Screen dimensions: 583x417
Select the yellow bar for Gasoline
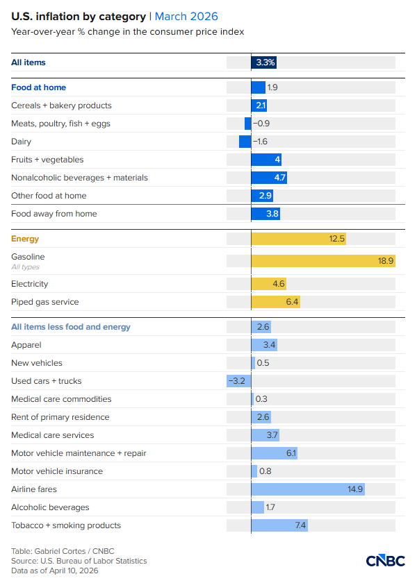tap(323, 261)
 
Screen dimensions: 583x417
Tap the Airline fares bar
tap(308, 489)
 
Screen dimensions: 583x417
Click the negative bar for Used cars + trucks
tap(239, 381)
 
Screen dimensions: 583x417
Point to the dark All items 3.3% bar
tap(264, 62)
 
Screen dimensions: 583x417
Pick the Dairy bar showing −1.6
tap(245, 142)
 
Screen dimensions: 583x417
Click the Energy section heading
tap(25, 239)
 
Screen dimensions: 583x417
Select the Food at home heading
tap(38, 87)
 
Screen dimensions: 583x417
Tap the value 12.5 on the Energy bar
tap(337, 239)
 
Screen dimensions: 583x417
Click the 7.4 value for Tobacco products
tap(300, 525)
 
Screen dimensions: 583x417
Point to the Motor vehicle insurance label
tap(57, 471)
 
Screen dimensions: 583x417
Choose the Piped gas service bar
tap(275, 302)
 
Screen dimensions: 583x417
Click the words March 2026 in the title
tap(188, 16)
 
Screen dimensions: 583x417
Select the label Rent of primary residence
tap(60, 417)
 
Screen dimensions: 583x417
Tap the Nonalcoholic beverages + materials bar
tap(269, 178)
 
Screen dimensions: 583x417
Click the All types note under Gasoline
tap(25, 267)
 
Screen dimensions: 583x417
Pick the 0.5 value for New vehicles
tap(263, 363)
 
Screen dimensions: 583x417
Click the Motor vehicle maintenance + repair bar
tap(274, 453)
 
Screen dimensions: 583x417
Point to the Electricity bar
tap(268, 284)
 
